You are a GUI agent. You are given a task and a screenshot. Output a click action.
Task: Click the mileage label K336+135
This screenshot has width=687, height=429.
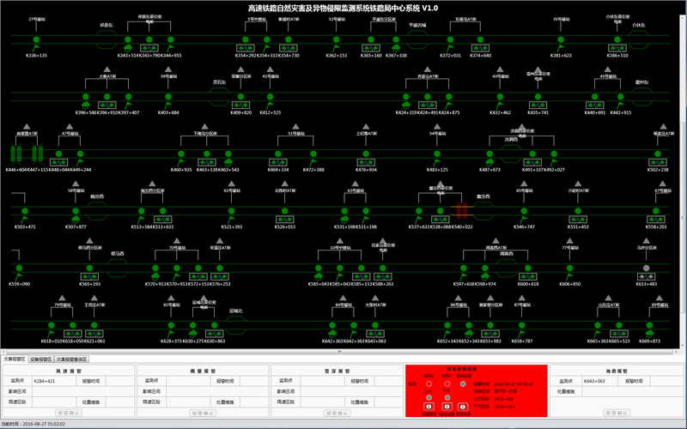pyautogui.click(x=37, y=55)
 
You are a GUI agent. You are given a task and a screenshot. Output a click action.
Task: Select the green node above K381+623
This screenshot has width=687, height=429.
pyautogui.click(x=561, y=39)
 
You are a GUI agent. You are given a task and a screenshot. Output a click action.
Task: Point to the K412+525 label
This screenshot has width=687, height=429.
pyautogui.click(x=270, y=112)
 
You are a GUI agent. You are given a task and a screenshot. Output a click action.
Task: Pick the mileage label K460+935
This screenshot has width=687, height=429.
pyautogui.click(x=181, y=170)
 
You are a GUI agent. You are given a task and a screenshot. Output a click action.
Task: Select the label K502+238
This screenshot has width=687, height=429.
pyautogui.click(x=658, y=170)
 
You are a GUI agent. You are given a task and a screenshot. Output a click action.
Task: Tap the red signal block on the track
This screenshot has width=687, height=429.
pyautogui.click(x=461, y=210)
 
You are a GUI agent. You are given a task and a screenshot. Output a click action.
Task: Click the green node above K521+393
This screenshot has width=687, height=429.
pyautogui.click(x=232, y=210)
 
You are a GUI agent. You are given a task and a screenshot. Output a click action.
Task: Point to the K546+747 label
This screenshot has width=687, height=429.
pyautogui.click(x=524, y=227)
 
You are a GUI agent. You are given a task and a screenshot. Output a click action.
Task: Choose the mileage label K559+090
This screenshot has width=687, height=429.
pyautogui.click(x=20, y=283)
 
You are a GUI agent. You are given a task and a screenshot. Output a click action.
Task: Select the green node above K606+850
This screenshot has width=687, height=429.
pyautogui.click(x=569, y=268)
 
